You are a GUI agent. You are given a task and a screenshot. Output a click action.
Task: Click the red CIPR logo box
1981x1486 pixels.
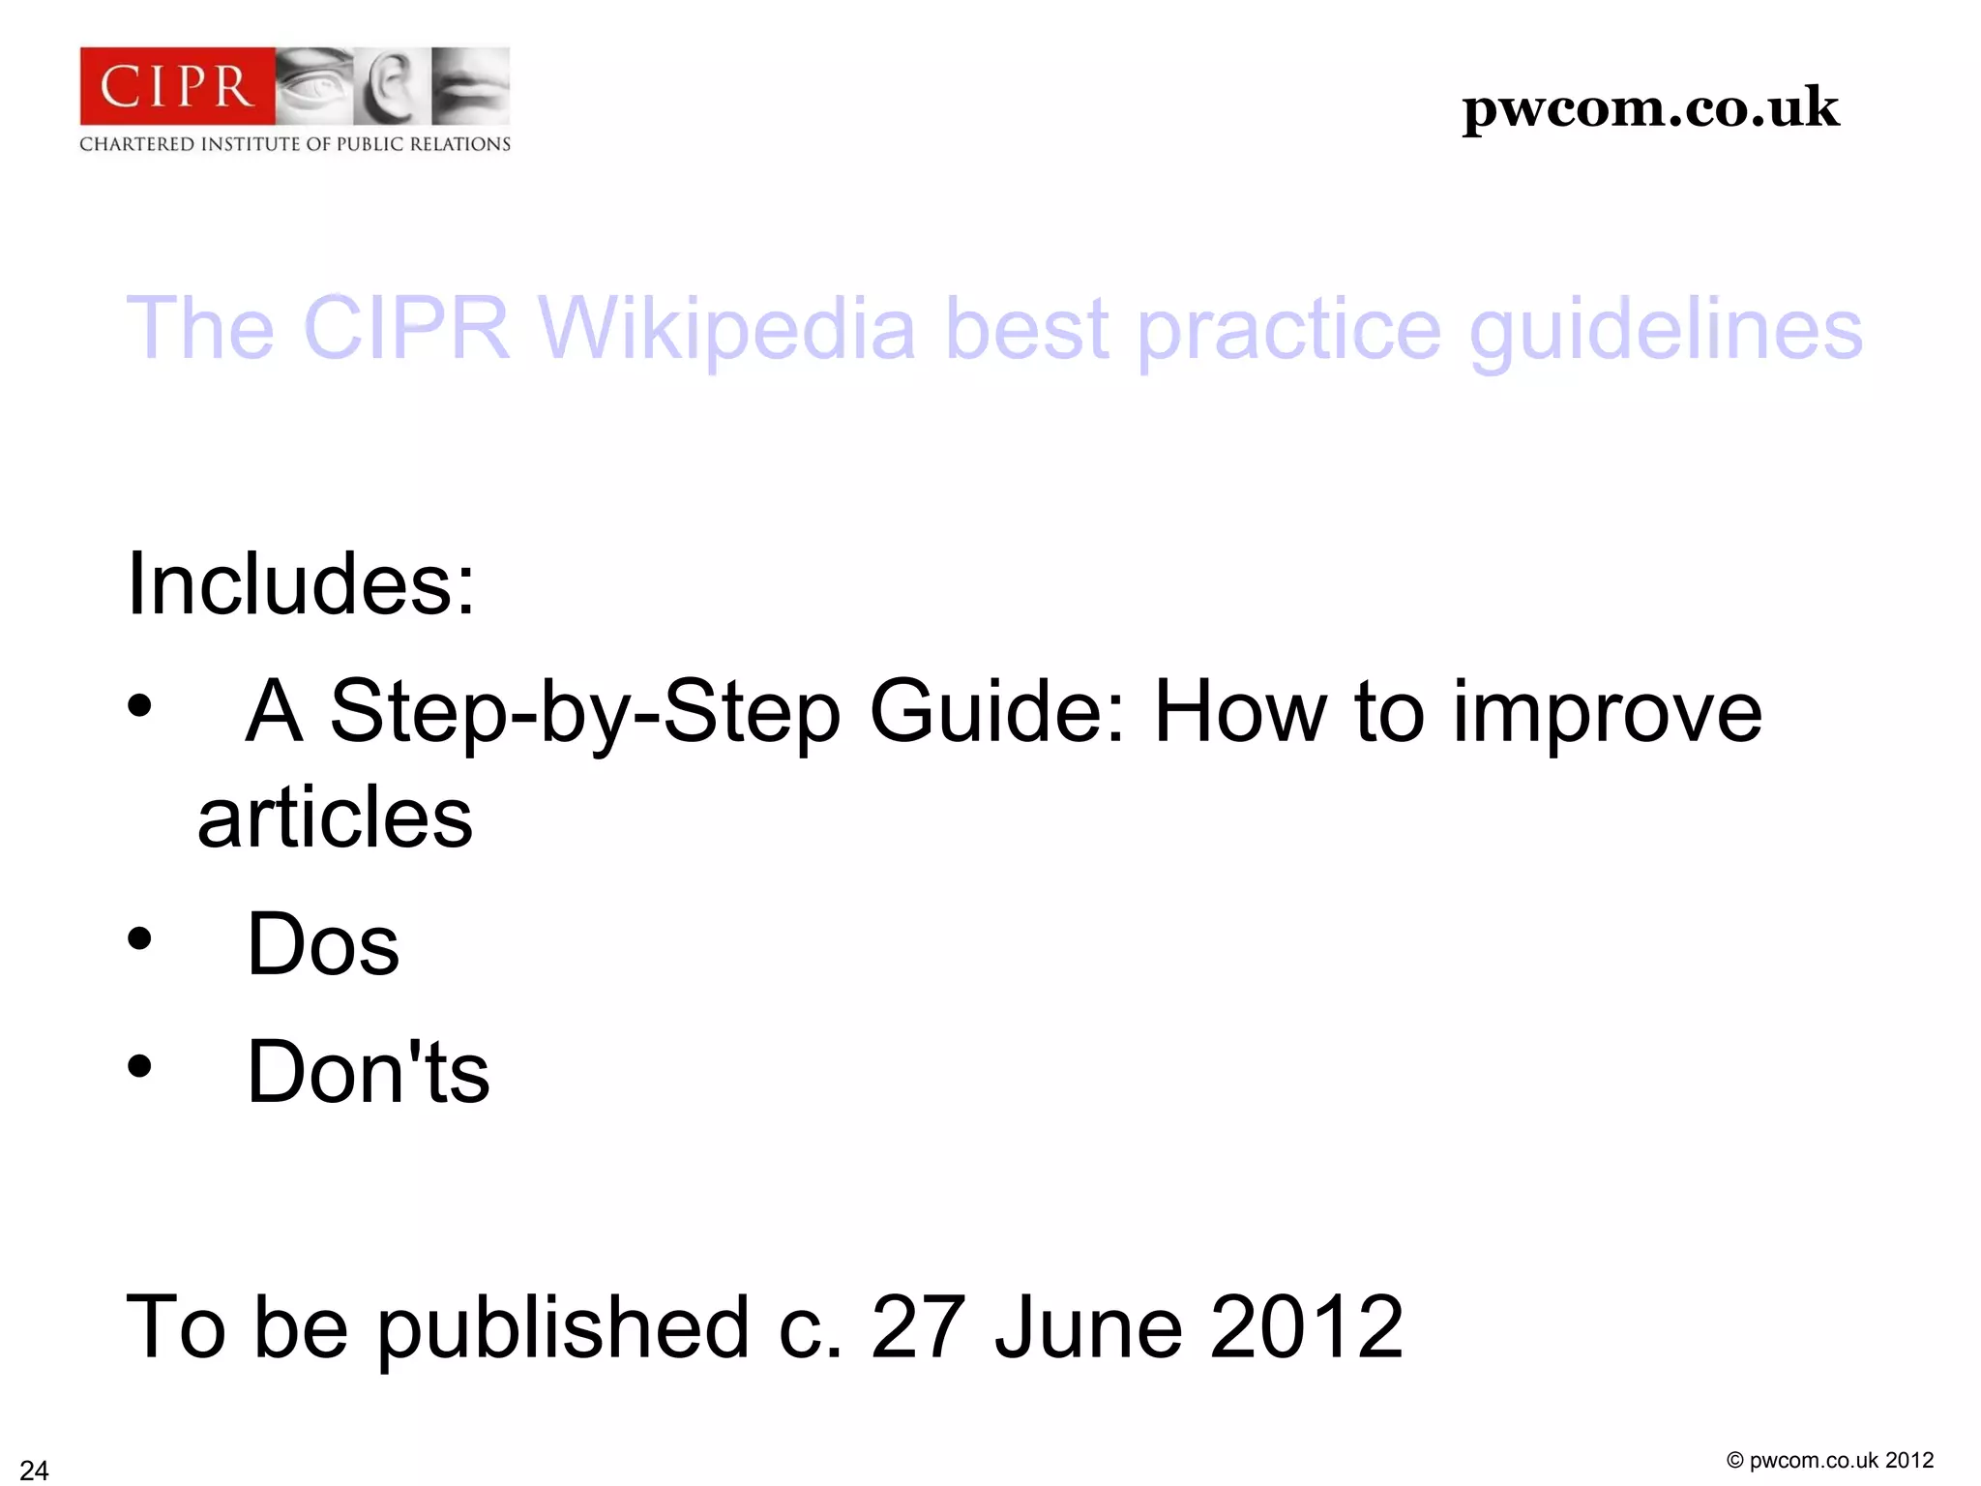(x=177, y=86)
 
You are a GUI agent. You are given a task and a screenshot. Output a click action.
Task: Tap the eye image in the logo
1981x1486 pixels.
(x=313, y=86)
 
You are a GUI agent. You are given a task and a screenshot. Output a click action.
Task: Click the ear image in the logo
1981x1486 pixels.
(x=391, y=86)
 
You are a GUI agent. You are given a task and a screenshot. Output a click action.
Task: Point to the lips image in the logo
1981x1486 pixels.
(x=470, y=86)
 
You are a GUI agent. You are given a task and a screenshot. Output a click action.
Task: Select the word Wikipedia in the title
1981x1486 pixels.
(x=726, y=328)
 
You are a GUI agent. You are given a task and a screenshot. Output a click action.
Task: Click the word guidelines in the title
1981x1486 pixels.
(x=1665, y=330)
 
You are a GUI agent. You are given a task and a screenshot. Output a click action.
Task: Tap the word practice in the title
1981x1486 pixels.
(x=1288, y=330)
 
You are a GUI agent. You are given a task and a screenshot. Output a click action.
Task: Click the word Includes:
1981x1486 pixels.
(x=301, y=583)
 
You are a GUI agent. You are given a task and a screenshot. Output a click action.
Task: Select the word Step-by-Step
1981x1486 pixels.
(x=585, y=712)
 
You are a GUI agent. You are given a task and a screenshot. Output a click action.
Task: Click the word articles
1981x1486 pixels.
(x=335, y=818)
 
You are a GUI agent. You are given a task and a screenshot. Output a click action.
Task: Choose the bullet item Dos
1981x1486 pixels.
(x=323, y=944)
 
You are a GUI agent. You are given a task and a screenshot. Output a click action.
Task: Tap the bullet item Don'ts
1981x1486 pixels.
(x=368, y=1072)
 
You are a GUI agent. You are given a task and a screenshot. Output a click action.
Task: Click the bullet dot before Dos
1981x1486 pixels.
(x=140, y=938)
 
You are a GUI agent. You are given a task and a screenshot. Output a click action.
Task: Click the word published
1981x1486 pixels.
(x=563, y=1328)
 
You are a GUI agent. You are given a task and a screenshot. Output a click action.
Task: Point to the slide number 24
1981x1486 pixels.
(x=34, y=1470)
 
